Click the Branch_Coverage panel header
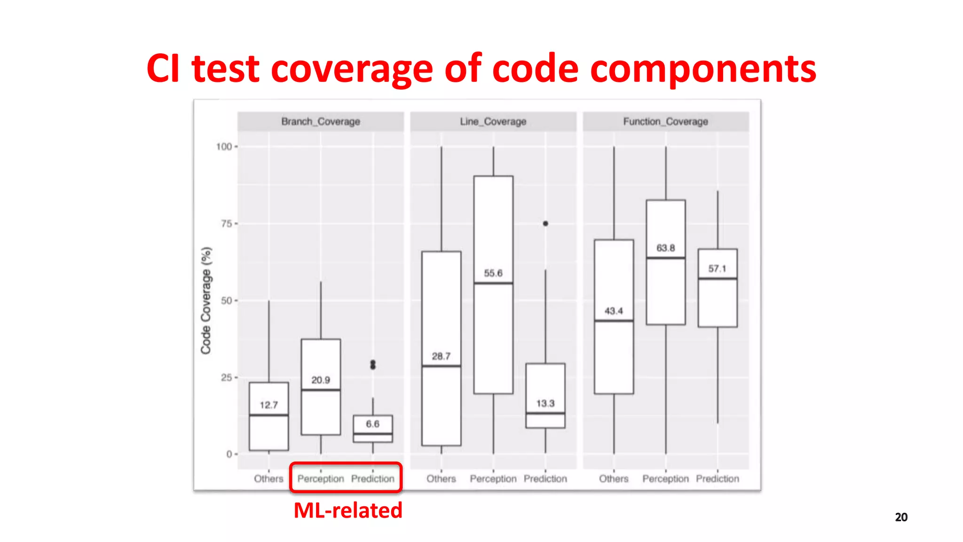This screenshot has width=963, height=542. [320, 121]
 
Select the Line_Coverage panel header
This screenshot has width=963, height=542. [493, 121]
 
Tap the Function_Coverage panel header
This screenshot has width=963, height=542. [665, 121]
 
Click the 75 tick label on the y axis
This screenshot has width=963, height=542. [226, 224]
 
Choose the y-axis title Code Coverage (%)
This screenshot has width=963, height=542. [206, 300]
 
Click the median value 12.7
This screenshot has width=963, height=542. [268, 405]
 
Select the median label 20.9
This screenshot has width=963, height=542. [321, 380]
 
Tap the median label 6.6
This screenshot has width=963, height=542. [372, 424]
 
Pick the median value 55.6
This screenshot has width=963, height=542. [493, 273]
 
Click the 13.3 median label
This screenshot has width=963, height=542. [545, 403]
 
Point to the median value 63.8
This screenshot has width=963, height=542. [665, 248]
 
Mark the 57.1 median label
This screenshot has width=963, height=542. [717, 269]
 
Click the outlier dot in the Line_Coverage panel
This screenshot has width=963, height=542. [545, 223]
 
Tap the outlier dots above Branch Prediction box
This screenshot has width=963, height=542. [373, 365]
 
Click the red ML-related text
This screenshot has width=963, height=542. [348, 510]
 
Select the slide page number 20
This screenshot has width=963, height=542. [901, 517]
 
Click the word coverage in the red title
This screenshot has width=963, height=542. [352, 69]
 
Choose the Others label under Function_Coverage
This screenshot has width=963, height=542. [614, 478]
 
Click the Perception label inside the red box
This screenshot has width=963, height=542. [321, 478]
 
